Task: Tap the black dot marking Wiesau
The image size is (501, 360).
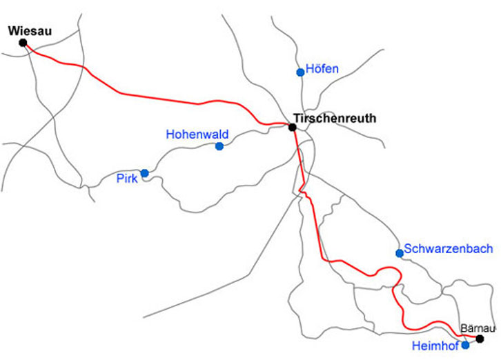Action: (x=23, y=43)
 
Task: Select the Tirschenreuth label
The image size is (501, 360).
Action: (x=335, y=118)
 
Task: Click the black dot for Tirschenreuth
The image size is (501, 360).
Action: (x=293, y=128)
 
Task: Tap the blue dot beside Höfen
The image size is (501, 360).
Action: (x=300, y=72)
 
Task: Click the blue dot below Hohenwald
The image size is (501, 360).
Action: (x=219, y=146)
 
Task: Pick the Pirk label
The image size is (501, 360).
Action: (x=127, y=178)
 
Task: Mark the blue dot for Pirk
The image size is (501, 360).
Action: (x=144, y=173)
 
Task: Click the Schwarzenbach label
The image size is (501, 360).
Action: (x=449, y=249)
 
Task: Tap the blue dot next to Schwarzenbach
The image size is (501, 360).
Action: (x=400, y=253)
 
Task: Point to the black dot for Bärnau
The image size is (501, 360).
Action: (x=480, y=339)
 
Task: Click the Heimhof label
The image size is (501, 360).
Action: (x=435, y=346)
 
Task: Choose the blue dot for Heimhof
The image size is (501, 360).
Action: (x=466, y=345)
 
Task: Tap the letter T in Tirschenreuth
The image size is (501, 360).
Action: (x=296, y=118)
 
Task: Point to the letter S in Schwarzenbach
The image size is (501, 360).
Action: (x=409, y=249)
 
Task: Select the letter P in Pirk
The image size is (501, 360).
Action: (x=119, y=178)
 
